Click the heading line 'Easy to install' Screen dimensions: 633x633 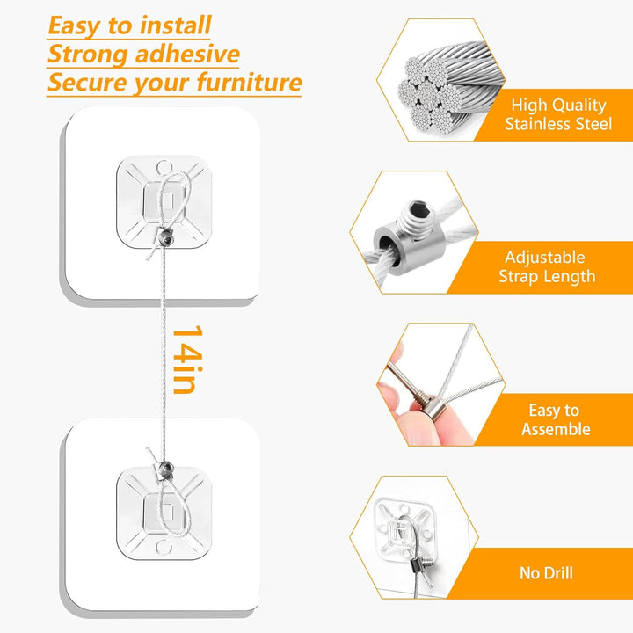click(x=129, y=25)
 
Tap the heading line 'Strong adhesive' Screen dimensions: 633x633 click(x=143, y=54)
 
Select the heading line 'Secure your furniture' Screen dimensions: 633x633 click(x=174, y=83)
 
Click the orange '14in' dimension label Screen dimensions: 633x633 click(x=184, y=360)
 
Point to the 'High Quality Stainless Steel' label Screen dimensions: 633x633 click(x=557, y=114)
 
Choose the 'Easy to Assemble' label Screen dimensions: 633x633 click(x=556, y=419)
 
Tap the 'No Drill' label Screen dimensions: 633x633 click(x=546, y=573)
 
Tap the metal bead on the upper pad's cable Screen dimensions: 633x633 click(x=167, y=237)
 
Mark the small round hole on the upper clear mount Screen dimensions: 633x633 click(x=163, y=164)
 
